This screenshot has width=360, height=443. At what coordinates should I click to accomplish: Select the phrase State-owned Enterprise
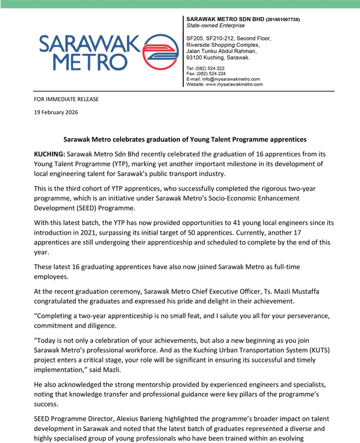tap(215, 26)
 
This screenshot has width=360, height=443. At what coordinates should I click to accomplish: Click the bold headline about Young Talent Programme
tap(185, 139)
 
